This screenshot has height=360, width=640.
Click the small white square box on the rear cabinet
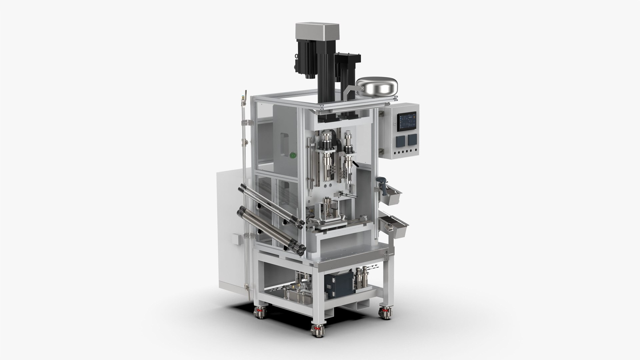pyautogui.click(x=236, y=239)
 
